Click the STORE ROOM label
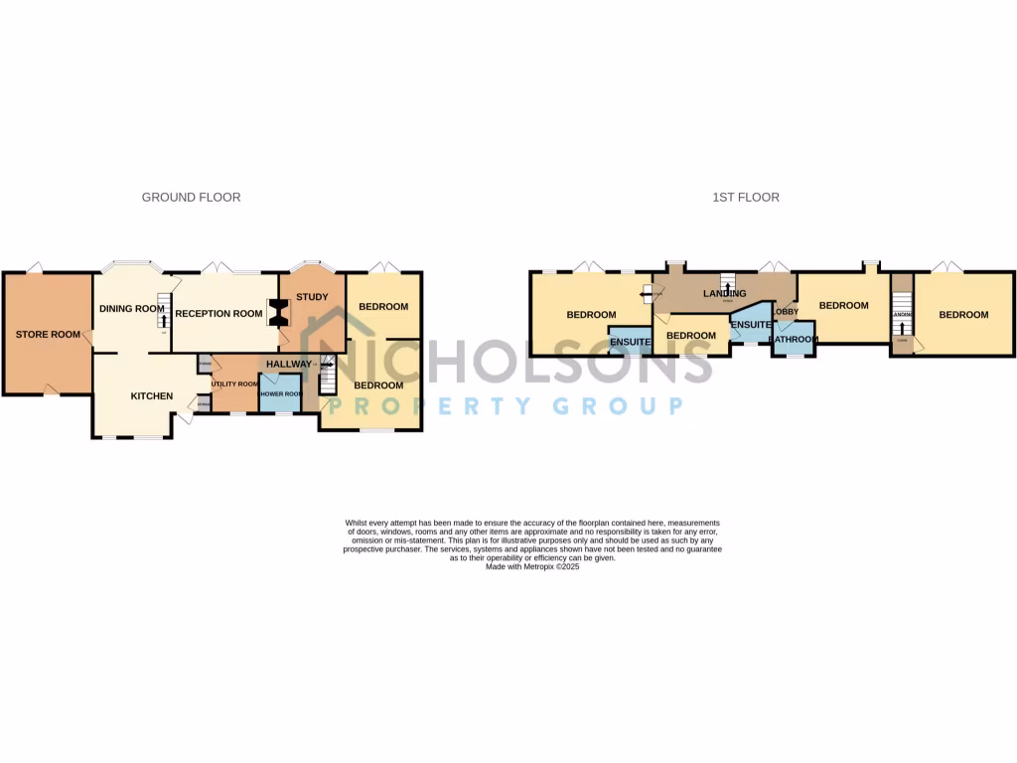tap(48, 335)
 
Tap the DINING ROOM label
tap(131, 309)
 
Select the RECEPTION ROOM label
tap(218, 314)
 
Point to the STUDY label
tap(312, 297)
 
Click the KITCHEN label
tap(152, 396)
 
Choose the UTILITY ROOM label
tap(234, 383)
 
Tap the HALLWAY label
tap(289, 365)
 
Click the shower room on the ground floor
tap(279, 394)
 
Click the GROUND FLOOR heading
tap(191, 198)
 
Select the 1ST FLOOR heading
tap(746, 198)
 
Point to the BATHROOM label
tap(794, 340)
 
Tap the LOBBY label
tap(786, 312)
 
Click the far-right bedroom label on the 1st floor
tap(963, 315)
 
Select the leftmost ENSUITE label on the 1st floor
tap(631, 343)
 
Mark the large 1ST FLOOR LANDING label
tap(724, 293)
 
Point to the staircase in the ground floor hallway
tap(327, 377)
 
